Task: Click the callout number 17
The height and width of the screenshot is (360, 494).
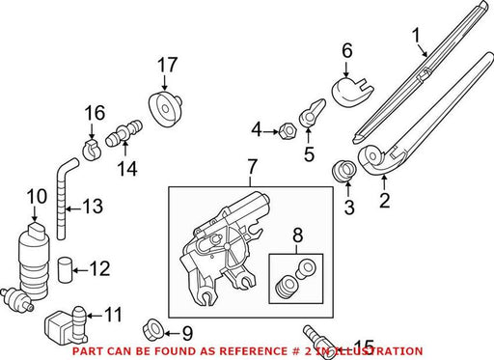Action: pos(167,65)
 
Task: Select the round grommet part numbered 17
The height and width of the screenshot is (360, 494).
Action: pos(165,107)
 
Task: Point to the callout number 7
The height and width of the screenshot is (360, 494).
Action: pos(252,167)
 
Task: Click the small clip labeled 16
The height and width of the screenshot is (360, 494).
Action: pos(91,150)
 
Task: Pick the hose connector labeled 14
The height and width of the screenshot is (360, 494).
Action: pos(124,133)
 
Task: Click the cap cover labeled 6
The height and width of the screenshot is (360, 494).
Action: pos(351,91)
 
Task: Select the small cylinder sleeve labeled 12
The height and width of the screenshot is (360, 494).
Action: pos(66,269)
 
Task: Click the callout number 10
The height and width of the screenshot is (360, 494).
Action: pos(37,196)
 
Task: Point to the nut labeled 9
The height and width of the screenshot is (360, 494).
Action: pos(153,330)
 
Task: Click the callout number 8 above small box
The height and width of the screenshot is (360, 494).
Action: pos(298,235)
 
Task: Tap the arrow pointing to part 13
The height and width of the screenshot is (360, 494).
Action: pos(72,209)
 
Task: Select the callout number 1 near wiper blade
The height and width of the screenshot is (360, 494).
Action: pos(417,35)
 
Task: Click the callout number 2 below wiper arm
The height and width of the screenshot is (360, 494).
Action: pos(384,200)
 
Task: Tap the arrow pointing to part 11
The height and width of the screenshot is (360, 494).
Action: pos(95,316)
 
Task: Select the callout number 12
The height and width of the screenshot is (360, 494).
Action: pos(100,268)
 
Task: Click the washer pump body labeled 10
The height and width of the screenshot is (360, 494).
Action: pos(34,261)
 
